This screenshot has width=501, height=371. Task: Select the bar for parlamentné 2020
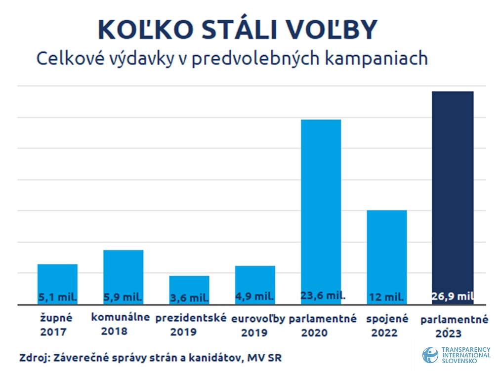pyautogui.click(x=321, y=207)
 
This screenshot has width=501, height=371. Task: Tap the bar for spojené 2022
pyautogui.click(x=387, y=252)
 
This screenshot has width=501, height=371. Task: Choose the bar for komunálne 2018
pyautogui.click(x=123, y=271)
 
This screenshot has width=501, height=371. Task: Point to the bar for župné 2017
pyautogui.click(x=57, y=279)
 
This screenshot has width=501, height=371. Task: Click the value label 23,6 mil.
pyautogui.click(x=323, y=296)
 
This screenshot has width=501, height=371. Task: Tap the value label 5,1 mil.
pyautogui.click(x=58, y=297)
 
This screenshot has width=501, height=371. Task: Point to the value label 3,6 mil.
pyautogui.click(x=189, y=298)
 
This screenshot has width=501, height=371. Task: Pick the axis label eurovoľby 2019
pyautogui.click(x=258, y=326)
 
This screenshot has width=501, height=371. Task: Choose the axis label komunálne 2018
pyautogui.click(x=120, y=324)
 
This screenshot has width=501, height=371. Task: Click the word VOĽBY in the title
pyautogui.click(x=339, y=31)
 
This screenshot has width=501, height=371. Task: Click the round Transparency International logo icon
pyautogui.click(x=430, y=355)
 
